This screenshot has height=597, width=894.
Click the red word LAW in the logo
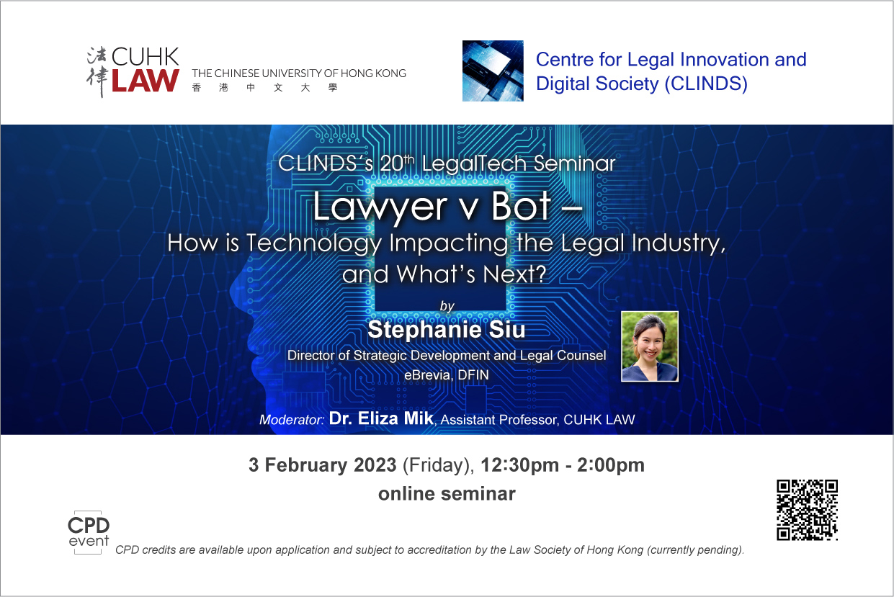(x=146, y=81)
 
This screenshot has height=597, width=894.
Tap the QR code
(x=807, y=510)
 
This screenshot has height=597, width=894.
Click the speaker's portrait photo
(x=650, y=346)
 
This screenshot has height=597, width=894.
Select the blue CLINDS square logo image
(x=493, y=71)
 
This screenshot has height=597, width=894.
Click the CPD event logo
(x=89, y=533)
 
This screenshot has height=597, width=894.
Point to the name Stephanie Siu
(x=446, y=330)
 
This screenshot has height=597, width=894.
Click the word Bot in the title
(x=522, y=206)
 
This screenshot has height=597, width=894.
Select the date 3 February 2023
(x=323, y=465)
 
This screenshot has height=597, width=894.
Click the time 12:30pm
(x=519, y=465)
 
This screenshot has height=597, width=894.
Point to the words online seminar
(x=447, y=493)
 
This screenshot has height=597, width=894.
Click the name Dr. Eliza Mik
(x=381, y=418)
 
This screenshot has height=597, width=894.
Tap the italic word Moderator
(x=291, y=420)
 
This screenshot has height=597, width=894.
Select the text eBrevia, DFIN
(x=446, y=375)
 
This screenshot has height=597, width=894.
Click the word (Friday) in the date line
(x=438, y=466)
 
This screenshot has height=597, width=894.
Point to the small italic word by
(x=447, y=307)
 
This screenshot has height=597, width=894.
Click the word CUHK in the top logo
(x=146, y=57)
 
